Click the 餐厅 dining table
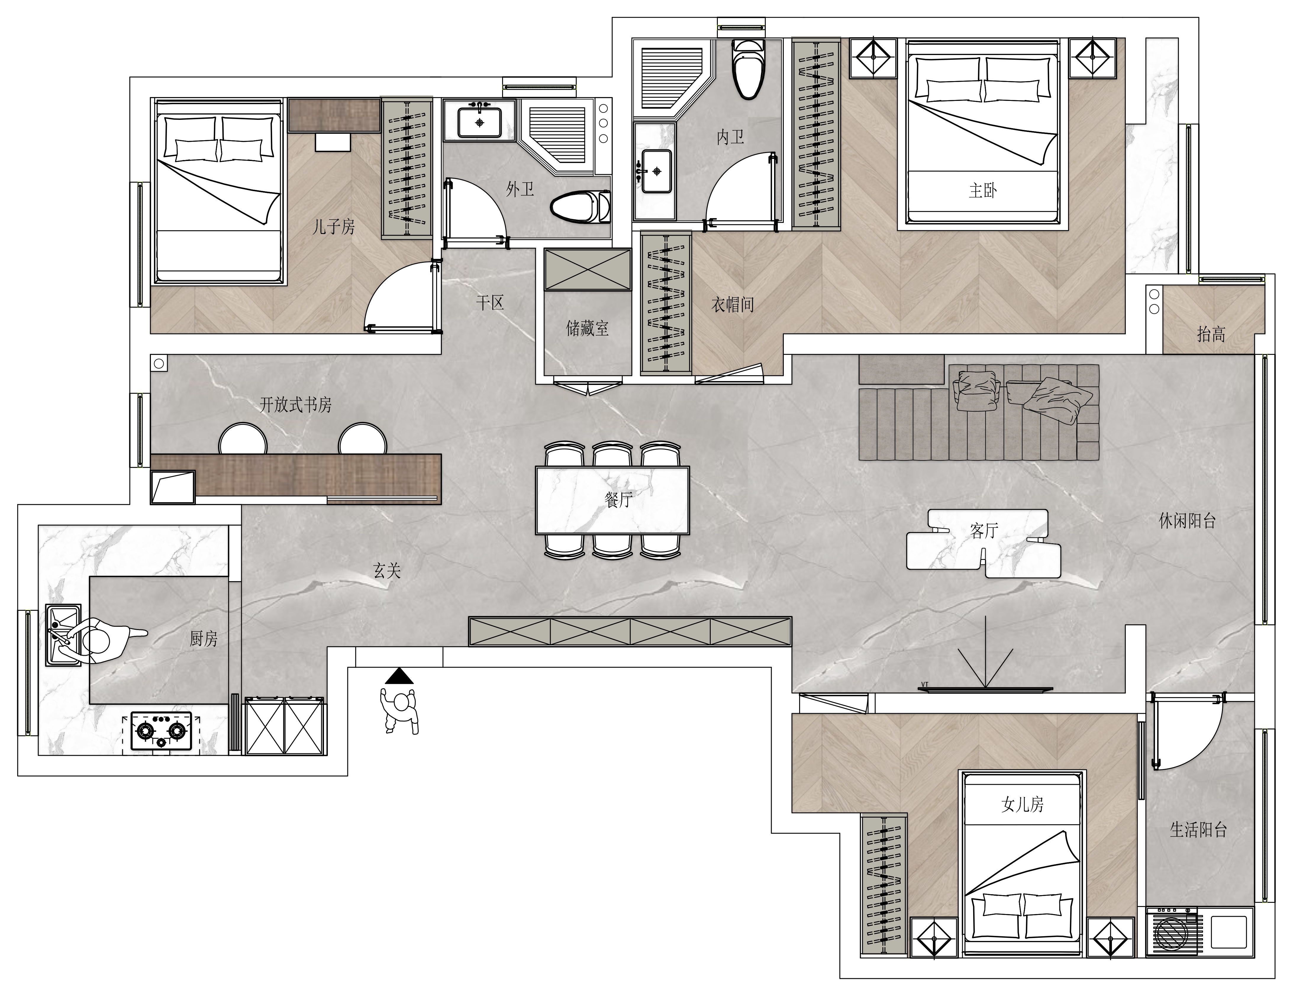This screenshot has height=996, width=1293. [x=612, y=500]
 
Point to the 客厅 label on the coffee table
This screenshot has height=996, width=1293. [x=984, y=531]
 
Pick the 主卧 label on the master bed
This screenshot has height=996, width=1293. [x=983, y=191]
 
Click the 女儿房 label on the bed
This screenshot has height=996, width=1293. [x=1023, y=804]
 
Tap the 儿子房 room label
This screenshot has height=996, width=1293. [x=333, y=226]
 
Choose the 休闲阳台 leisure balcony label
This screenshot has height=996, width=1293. [x=1187, y=521]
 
